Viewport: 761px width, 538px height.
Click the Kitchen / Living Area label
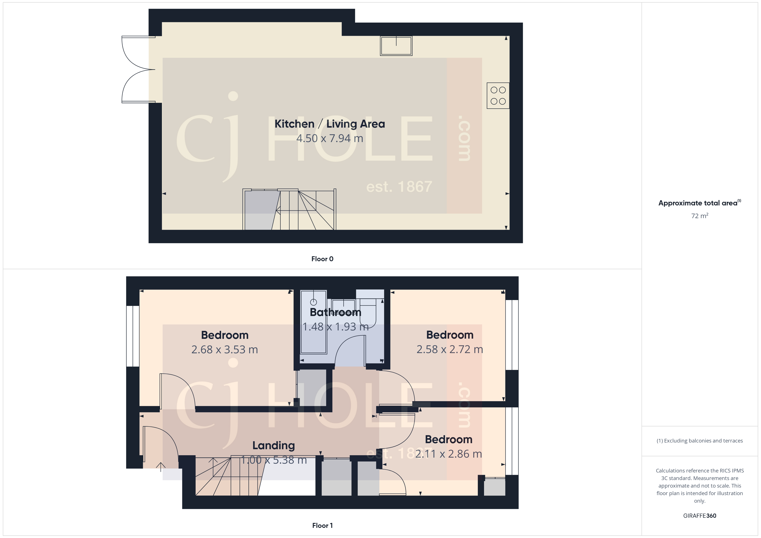point(329,124)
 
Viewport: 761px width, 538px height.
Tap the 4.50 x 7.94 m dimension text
point(329,138)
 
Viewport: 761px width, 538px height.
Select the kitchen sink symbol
point(396,46)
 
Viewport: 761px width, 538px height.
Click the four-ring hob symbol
point(498,96)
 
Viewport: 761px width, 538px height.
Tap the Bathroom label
point(335,312)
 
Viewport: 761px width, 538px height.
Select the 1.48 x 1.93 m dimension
point(335,327)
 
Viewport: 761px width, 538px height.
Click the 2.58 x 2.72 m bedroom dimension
point(450,349)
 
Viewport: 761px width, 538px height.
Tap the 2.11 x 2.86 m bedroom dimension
point(448,454)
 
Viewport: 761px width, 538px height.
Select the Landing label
point(274,446)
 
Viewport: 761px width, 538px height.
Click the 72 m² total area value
point(699,216)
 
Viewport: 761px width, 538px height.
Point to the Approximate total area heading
point(699,203)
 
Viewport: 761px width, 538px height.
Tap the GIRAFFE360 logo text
point(699,516)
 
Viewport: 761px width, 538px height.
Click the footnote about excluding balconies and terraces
point(699,441)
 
